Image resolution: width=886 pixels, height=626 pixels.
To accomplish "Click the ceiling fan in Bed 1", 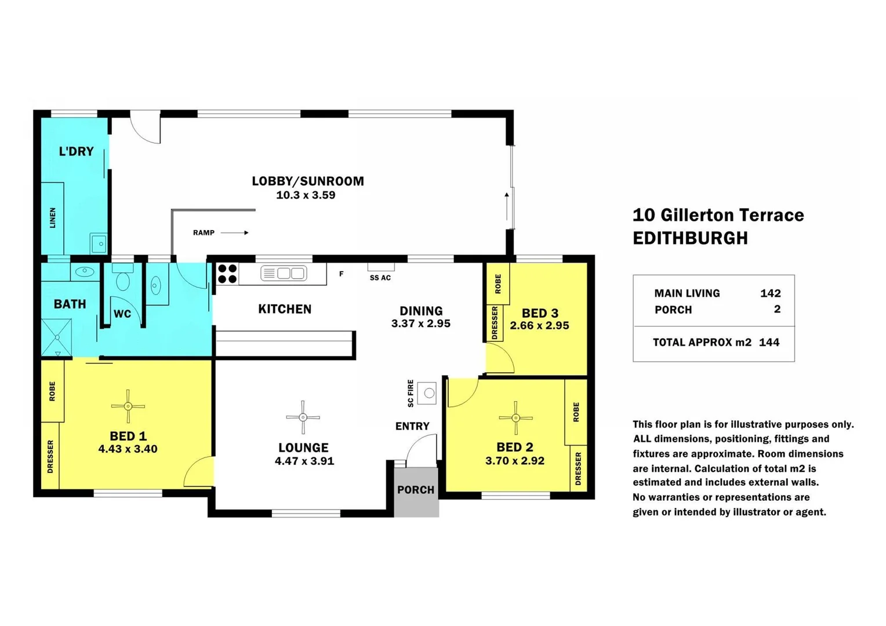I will click(128, 406).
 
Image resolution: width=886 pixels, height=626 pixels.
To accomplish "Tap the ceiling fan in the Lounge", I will click(303, 417).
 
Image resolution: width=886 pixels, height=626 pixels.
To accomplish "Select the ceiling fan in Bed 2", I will click(515, 417).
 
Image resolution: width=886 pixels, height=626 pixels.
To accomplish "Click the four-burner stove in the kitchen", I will click(227, 274).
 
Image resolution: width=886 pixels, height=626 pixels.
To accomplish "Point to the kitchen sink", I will click(284, 273).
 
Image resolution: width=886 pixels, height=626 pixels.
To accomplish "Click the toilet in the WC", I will click(123, 279).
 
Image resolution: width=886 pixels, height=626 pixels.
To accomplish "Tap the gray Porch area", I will click(416, 492).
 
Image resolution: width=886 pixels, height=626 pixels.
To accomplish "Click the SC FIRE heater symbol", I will click(428, 393).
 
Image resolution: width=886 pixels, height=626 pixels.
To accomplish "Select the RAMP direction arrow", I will click(235, 232).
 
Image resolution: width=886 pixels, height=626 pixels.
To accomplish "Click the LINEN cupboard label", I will click(53, 218).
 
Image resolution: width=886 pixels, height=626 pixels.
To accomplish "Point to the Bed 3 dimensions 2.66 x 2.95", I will click(539, 326).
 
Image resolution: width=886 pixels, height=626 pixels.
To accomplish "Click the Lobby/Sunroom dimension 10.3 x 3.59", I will click(306, 195).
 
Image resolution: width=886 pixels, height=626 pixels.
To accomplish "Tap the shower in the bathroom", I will click(57, 337).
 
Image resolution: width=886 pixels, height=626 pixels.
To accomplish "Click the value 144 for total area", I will click(769, 342).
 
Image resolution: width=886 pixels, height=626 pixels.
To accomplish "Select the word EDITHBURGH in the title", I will click(690, 238).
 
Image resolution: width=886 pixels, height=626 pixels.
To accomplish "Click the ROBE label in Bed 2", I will click(576, 412).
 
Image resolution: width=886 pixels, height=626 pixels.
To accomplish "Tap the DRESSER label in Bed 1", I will click(50, 456).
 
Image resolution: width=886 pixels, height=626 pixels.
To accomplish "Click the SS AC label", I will click(380, 278).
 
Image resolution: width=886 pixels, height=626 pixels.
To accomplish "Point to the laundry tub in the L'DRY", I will click(99, 243).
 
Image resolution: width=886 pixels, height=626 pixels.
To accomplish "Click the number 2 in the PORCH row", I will click(777, 310).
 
